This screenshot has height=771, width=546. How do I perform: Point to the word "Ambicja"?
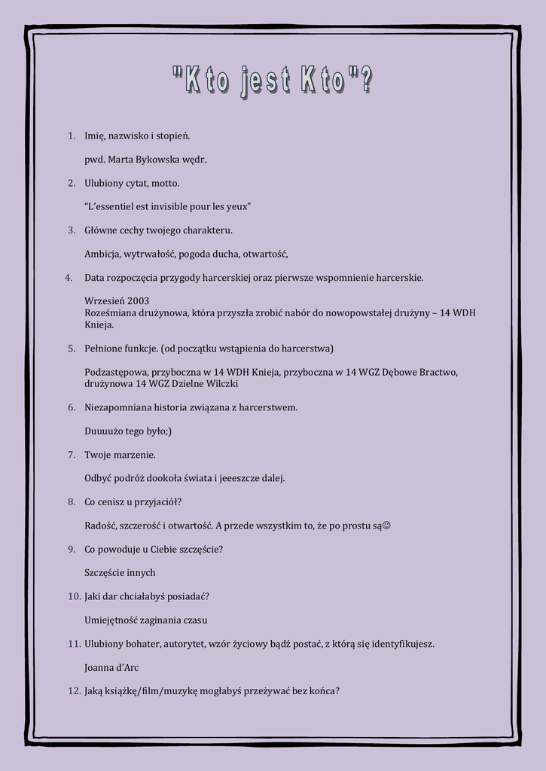coord(102,254)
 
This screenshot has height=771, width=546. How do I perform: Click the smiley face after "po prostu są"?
coord(387,526)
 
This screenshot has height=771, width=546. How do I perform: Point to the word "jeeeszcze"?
coord(240,478)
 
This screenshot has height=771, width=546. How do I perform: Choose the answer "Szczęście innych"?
coord(120,573)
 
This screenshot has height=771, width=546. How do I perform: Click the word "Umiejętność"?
coord(110,620)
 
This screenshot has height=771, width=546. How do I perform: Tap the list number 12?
coord(74,691)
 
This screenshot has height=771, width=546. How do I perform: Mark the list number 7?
coord(72,455)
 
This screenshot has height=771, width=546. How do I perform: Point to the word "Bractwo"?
coord(438,372)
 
